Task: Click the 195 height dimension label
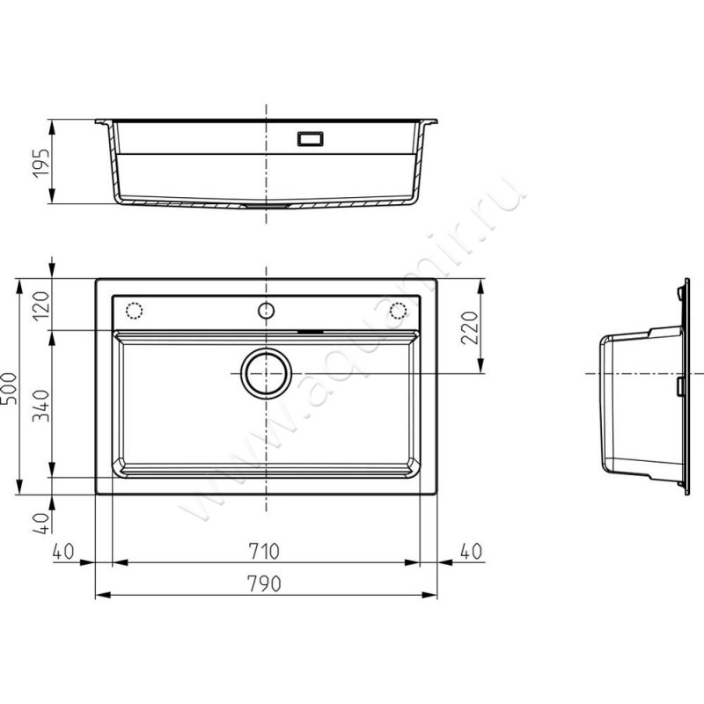[40, 163]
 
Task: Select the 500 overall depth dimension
[9, 388]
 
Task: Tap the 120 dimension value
[41, 306]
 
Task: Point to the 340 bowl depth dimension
[41, 406]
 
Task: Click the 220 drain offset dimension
[470, 327]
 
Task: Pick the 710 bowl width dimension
[264, 552]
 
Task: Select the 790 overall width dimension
[264, 583]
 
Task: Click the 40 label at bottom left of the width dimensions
[62, 552]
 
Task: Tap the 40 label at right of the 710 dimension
[471, 552]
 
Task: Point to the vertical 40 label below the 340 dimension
[41, 524]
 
